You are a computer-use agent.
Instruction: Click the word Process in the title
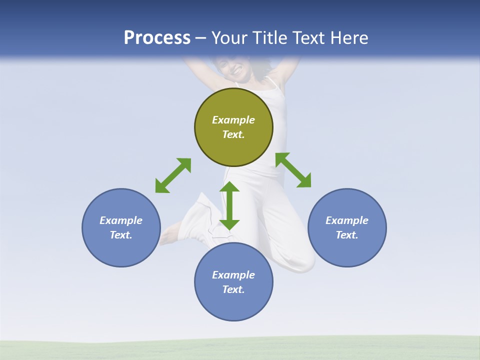(x=157, y=37)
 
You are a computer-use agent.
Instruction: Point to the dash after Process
(x=201, y=38)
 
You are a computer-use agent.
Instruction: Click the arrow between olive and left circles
(x=173, y=175)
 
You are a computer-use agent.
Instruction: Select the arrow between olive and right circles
(x=293, y=170)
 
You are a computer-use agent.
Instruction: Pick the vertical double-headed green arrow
(x=229, y=205)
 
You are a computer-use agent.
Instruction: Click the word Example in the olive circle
(x=233, y=120)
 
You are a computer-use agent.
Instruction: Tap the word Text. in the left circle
(x=121, y=235)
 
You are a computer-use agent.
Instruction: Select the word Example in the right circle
(x=347, y=220)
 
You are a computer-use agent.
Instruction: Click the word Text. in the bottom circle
(x=233, y=289)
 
